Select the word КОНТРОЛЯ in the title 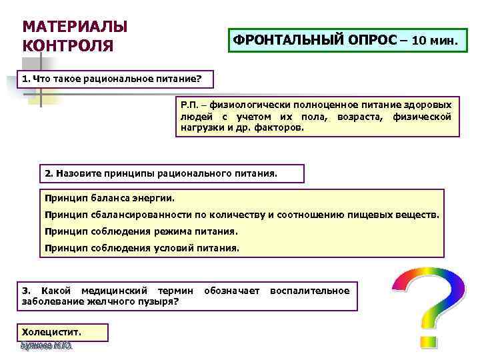click(x=68, y=47)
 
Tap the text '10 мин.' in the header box click(x=435, y=40)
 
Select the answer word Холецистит click(x=51, y=331)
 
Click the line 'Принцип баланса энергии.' click(x=109, y=198)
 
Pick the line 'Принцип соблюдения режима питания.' click(x=141, y=231)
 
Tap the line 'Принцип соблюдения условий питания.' click(x=141, y=248)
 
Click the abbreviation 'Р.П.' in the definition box click(x=190, y=105)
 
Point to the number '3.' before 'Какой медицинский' click(x=26, y=291)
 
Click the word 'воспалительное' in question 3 click(x=309, y=291)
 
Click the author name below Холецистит click(x=46, y=346)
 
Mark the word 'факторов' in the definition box click(x=282, y=127)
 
